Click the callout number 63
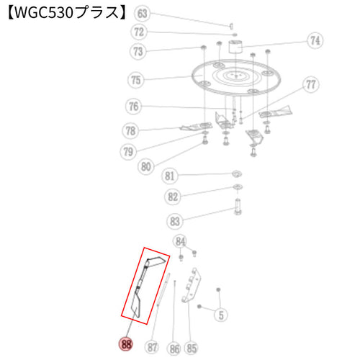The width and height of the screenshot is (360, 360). (x=142, y=13)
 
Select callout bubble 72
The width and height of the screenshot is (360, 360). (x=139, y=32)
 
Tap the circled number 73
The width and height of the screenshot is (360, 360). (x=138, y=51)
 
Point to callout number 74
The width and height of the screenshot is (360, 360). (x=315, y=40)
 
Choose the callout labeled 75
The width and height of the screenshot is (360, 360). (x=135, y=80)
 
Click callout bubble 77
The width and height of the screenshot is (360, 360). (x=311, y=84)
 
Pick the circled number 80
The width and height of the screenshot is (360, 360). (x=146, y=166)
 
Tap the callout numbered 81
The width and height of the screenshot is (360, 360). (x=169, y=176)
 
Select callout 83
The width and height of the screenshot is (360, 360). (x=175, y=221)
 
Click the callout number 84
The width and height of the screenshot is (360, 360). (x=180, y=241)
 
